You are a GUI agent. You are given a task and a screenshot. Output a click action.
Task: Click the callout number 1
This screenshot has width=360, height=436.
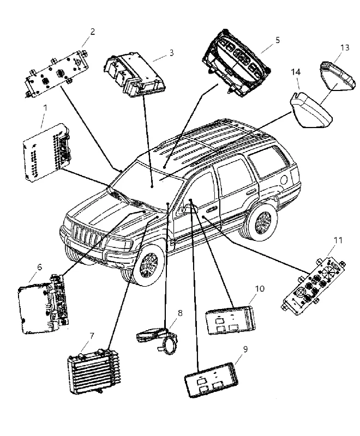(45, 107)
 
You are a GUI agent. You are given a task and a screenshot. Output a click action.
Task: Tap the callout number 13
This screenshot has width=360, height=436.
(345, 47)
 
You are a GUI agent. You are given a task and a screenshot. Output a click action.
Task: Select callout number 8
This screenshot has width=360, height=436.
(180, 313)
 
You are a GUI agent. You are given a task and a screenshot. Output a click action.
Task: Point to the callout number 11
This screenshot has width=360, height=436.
(338, 240)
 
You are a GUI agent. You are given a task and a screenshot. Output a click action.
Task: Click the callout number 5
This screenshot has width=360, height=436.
(278, 40)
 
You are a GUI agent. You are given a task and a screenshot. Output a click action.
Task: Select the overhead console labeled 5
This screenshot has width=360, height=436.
(236, 63)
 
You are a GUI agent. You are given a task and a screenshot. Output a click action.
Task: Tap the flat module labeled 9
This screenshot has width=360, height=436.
(212, 379)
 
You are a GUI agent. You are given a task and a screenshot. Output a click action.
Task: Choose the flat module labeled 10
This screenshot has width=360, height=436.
(230, 320)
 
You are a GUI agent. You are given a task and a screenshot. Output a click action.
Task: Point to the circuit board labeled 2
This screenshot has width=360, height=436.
(57, 74)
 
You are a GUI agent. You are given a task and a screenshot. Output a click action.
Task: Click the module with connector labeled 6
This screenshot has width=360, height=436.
(44, 305)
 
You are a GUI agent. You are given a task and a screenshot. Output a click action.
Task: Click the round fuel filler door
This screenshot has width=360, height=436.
(284, 179)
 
